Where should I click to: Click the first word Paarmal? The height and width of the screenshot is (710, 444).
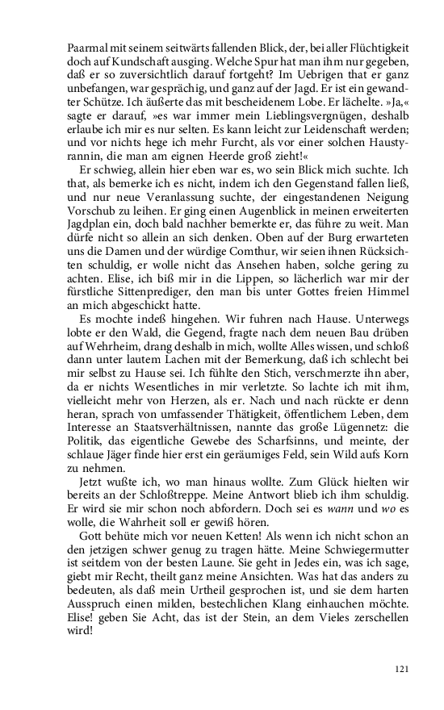88,48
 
